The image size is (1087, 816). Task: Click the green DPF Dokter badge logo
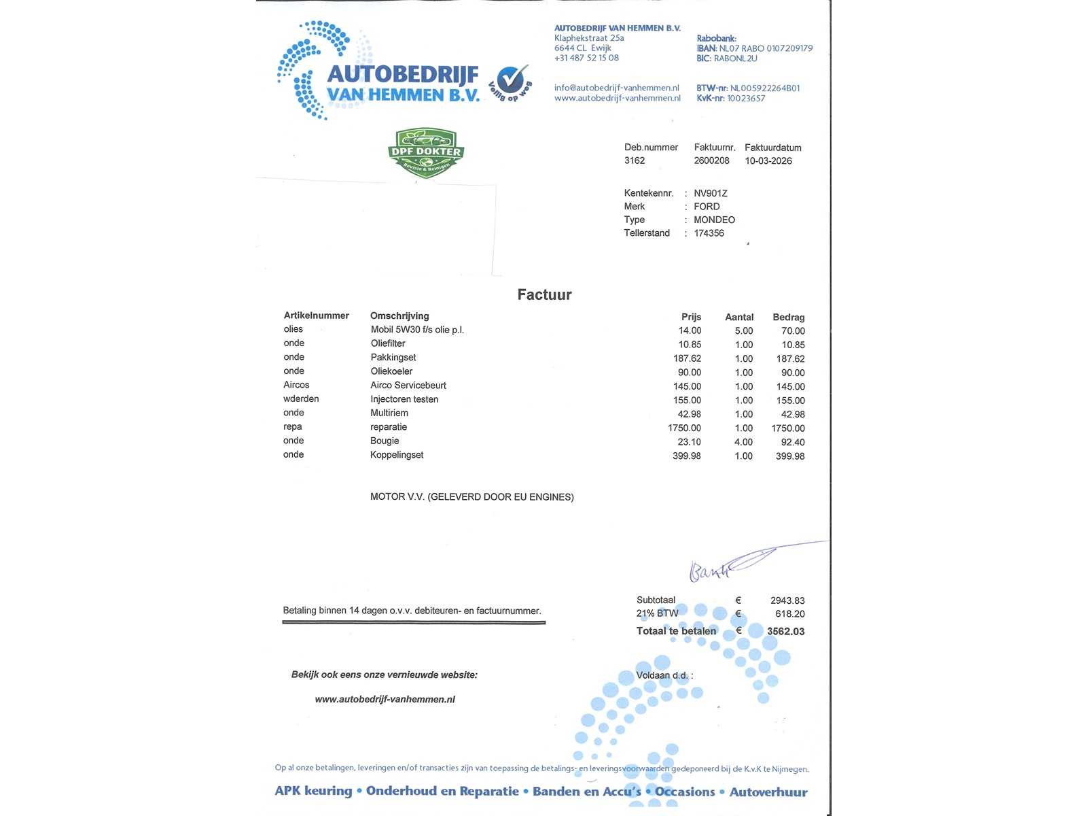[426, 153]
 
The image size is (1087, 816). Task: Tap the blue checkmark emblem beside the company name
[511, 81]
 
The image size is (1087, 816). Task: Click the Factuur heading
[544, 294]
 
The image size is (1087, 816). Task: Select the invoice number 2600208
[711, 160]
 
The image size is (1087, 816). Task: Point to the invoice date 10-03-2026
[768, 161]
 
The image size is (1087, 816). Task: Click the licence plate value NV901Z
[711, 193]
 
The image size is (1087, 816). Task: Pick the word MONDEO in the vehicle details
[714, 220]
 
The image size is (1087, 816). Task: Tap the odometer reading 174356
[709, 233]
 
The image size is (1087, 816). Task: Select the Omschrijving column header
[399, 316]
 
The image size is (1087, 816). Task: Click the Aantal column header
[739, 317]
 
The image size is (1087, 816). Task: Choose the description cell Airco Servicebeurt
[408, 386]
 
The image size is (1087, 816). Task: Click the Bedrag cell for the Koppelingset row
[790, 456]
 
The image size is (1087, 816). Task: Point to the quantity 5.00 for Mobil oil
[743, 331]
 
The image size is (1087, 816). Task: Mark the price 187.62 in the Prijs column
[687, 358]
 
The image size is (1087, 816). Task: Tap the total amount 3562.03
[785, 632]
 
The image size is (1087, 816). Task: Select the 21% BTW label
[657, 613]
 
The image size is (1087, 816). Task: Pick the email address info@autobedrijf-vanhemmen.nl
[616, 88]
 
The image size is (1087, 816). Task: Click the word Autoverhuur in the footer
[768, 792]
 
